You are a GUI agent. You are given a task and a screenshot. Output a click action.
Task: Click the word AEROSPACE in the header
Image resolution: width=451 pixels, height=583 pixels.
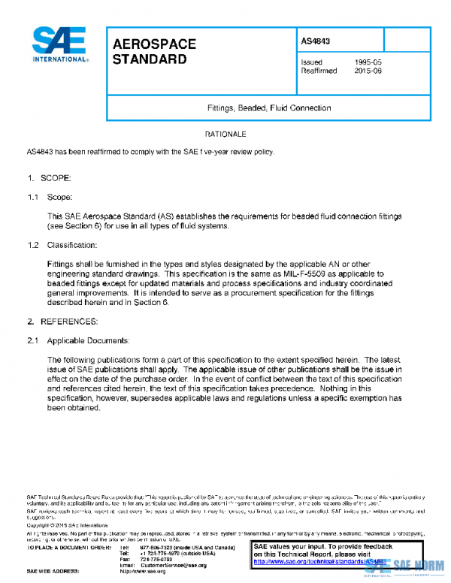click(x=154, y=44)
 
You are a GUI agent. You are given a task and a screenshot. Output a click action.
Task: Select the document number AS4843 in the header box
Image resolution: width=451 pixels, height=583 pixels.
click(x=316, y=41)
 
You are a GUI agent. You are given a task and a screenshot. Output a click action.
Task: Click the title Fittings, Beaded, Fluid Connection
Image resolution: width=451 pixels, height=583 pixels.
click(x=268, y=107)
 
